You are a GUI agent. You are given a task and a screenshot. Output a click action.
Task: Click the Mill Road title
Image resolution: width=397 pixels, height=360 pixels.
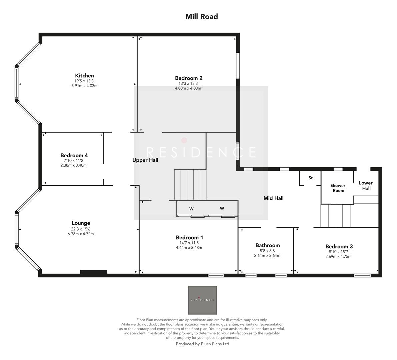201,16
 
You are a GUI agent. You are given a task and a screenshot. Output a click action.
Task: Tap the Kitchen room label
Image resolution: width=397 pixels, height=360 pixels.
84,76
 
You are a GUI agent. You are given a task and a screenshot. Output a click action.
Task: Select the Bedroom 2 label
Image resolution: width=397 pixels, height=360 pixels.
189,78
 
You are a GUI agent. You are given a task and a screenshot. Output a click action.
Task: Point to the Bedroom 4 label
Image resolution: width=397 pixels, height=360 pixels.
74,155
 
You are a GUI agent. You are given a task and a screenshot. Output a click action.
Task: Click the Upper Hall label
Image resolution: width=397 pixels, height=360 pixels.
145,160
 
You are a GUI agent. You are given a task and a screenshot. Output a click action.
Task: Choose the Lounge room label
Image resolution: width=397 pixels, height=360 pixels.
81,223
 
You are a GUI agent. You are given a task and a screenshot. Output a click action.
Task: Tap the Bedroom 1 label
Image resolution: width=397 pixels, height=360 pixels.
189,237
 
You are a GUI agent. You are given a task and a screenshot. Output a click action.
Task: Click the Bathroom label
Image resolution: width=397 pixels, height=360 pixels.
267,245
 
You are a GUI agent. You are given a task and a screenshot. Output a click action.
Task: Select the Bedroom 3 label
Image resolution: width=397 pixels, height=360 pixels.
339,246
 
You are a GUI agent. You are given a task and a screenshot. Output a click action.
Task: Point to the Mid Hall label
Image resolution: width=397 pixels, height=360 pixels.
273,198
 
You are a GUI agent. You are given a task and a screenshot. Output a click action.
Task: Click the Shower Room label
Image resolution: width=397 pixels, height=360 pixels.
338,188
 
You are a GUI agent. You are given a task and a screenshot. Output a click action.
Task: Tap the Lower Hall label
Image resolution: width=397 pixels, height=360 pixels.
366,185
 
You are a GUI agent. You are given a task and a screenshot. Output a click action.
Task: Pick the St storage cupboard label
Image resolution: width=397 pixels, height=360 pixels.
310,178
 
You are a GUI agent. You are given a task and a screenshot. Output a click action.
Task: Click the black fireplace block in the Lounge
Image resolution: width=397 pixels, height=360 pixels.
94,272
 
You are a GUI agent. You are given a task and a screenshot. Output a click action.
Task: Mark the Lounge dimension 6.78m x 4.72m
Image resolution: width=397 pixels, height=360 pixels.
81,234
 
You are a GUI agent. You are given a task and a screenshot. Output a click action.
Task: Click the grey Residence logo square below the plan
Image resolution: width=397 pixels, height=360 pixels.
202,300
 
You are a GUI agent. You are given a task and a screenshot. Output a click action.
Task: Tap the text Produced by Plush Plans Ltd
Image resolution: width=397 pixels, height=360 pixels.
202,344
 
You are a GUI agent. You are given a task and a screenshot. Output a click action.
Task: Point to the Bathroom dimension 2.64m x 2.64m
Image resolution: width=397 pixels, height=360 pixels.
267,256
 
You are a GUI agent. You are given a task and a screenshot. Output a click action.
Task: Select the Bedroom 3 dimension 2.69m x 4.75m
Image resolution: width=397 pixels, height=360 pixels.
338,257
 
